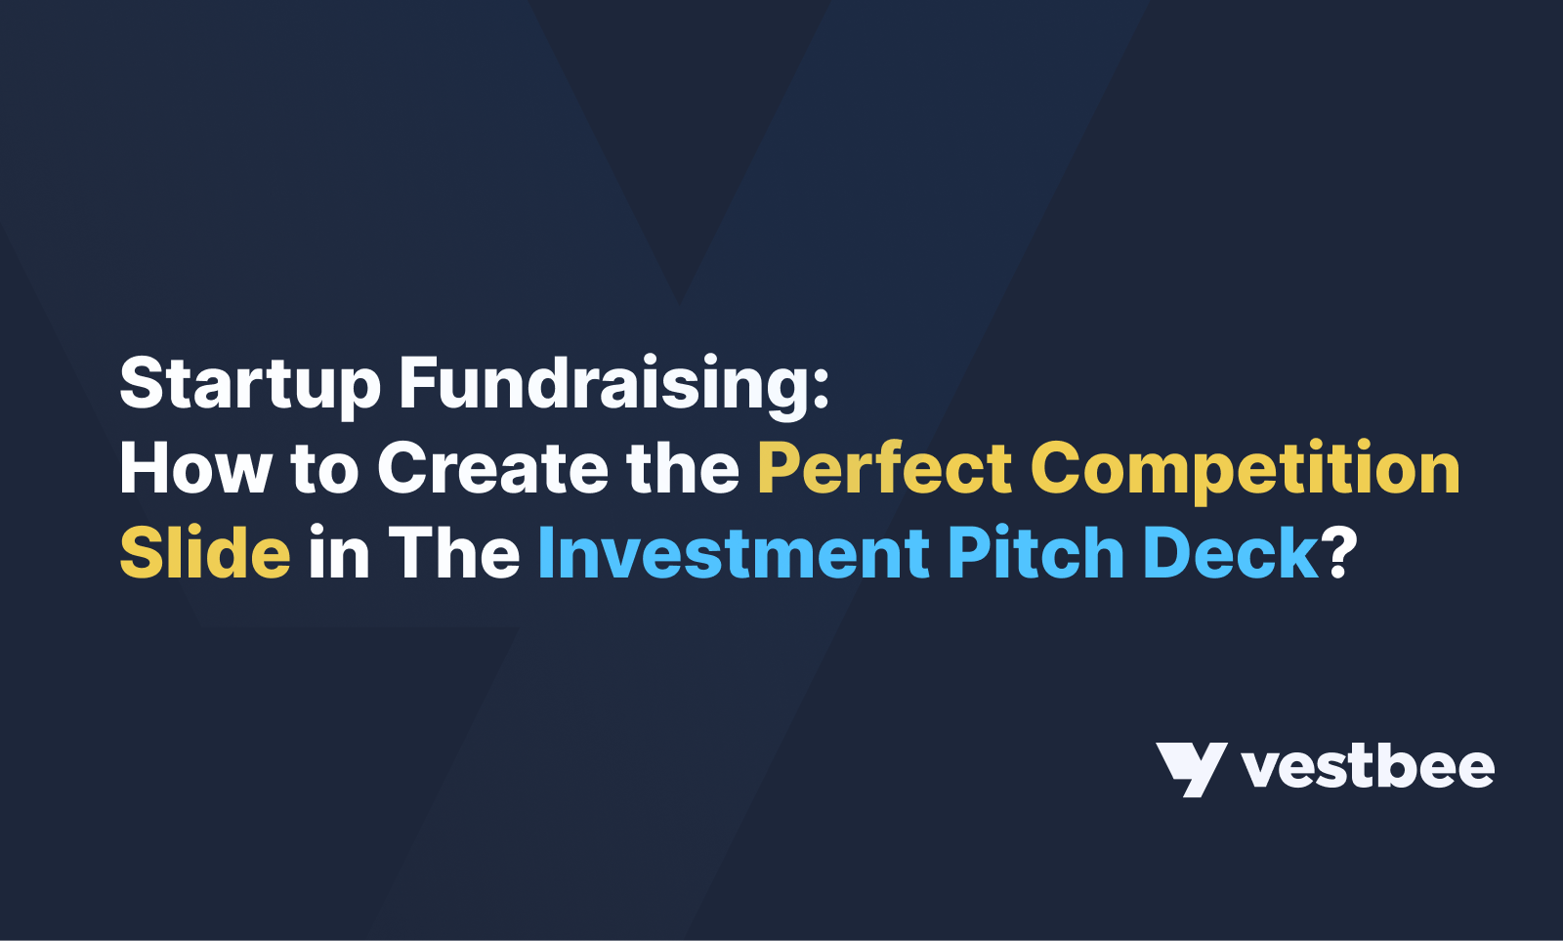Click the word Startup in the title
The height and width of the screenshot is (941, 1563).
(x=249, y=384)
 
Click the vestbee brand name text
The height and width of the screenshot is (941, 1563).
(x=1368, y=767)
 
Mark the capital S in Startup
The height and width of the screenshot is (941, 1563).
(x=140, y=384)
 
